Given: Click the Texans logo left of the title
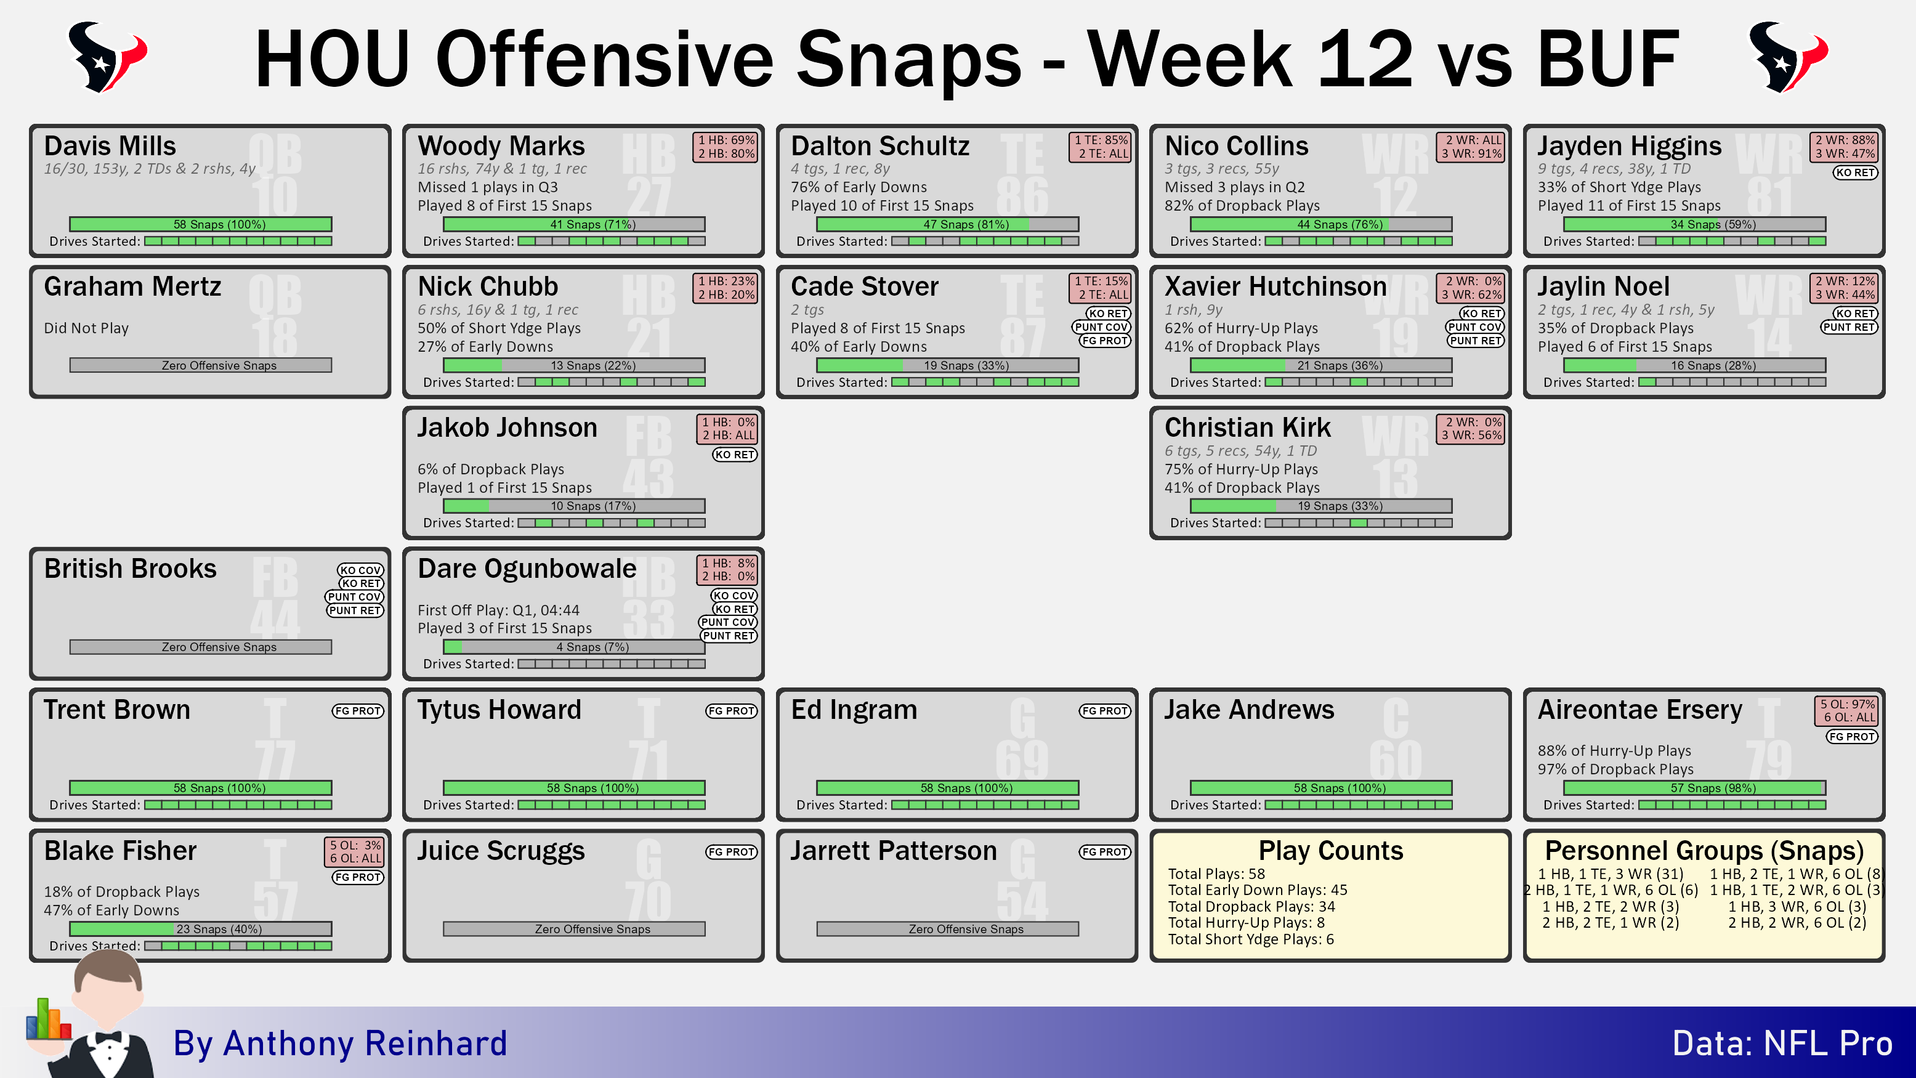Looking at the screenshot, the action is [x=107, y=57].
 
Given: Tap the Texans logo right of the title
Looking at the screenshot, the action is [x=1788, y=57].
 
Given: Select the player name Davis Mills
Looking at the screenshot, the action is [x=110, y=146].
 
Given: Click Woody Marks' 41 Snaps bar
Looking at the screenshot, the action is [x=574, y=224].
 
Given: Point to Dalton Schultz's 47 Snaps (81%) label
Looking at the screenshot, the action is [x=966, y=224].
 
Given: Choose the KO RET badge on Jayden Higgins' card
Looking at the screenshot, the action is [x=1855, y=172].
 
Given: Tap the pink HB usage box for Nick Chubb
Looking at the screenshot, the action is [x=726, y=288].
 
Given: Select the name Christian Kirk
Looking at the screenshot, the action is [x=1247, y=428].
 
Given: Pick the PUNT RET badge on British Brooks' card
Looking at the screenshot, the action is [x=355, y=611].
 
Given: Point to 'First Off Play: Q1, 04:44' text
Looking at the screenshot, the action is [x=498, y=610].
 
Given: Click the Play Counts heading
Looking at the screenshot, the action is [x=1331, y=850].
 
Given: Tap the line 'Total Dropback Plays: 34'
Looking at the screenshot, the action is [x=1251, y=906].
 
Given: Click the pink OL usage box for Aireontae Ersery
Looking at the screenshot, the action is [x=1846, y=710].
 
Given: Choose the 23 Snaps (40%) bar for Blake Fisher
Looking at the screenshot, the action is [x=201, y=928].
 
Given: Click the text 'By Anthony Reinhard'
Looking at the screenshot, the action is [x=340, y=1043].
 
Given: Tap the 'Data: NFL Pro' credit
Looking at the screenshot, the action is [x=1782, y=1043].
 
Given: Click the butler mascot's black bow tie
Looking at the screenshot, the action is [x=108, y=1037].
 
